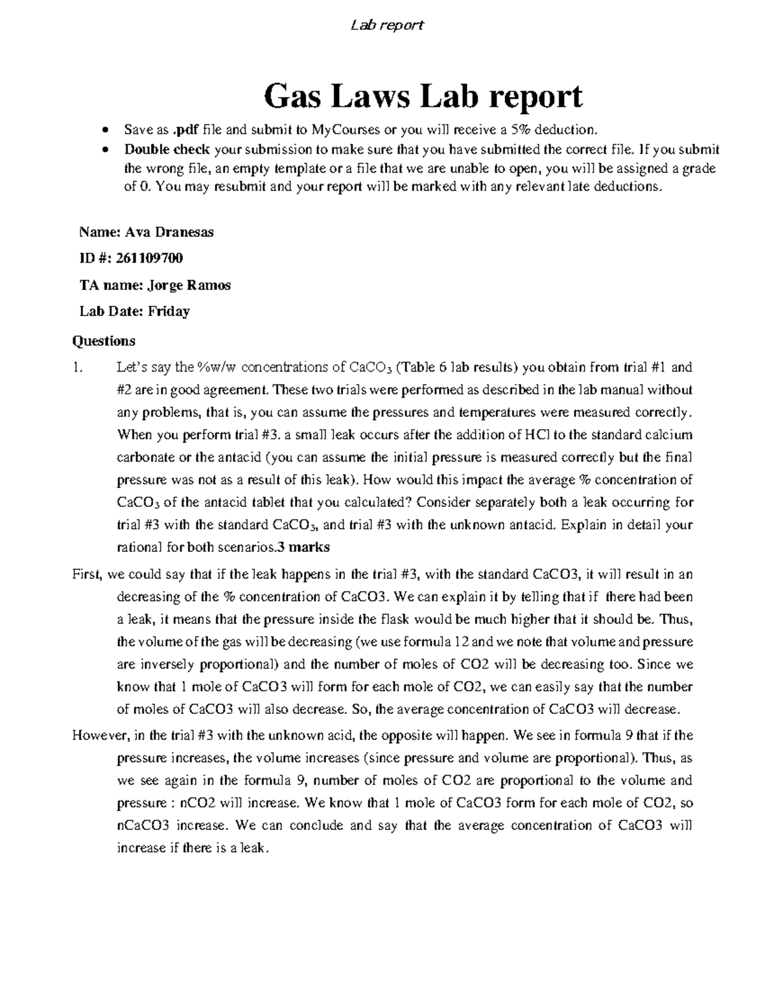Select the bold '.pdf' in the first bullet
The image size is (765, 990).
point(186,131)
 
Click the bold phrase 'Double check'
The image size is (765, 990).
point(167,150)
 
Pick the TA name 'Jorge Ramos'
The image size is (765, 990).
point(189,285)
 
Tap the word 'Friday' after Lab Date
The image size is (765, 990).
point(169,312)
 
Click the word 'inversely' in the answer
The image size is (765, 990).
point(168,664)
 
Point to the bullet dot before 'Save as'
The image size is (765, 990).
point(104,131)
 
